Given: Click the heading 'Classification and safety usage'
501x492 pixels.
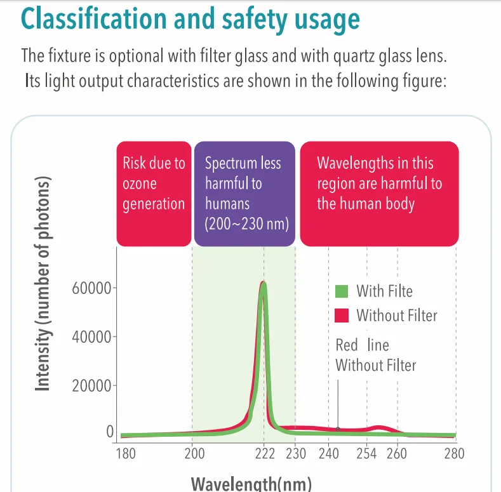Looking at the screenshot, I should click(x=190, y=20).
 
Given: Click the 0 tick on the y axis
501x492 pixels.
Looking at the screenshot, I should click(x=109, y=432).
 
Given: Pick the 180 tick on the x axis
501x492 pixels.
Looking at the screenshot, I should click(x=126, y=454).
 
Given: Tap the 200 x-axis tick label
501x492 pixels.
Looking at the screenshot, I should click(x=194, y=454).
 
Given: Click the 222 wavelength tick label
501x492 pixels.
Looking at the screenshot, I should click(x=265, y=454).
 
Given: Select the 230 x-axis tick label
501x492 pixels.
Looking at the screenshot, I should click(x=296, y=454).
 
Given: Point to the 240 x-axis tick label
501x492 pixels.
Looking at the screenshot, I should click(x=329, y=454).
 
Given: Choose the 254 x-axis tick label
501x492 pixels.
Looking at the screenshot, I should click(x=368, y=454).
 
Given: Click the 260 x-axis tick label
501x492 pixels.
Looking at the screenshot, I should click(x=397, y=454).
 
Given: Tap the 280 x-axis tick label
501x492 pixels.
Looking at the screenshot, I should click(x=454, y=454).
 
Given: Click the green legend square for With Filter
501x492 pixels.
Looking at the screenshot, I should click(x=342, y=291).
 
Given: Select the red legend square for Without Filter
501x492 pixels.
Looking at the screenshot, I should click(x=342, y=315).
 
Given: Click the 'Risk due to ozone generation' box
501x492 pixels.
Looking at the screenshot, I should click(x=154, y=193).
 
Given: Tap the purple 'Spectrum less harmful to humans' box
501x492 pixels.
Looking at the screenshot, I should click(x=244, y=193).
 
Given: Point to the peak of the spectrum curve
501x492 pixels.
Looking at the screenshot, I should click(x=264, y=284).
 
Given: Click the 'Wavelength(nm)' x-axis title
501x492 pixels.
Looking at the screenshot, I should click(x=251, y=484).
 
